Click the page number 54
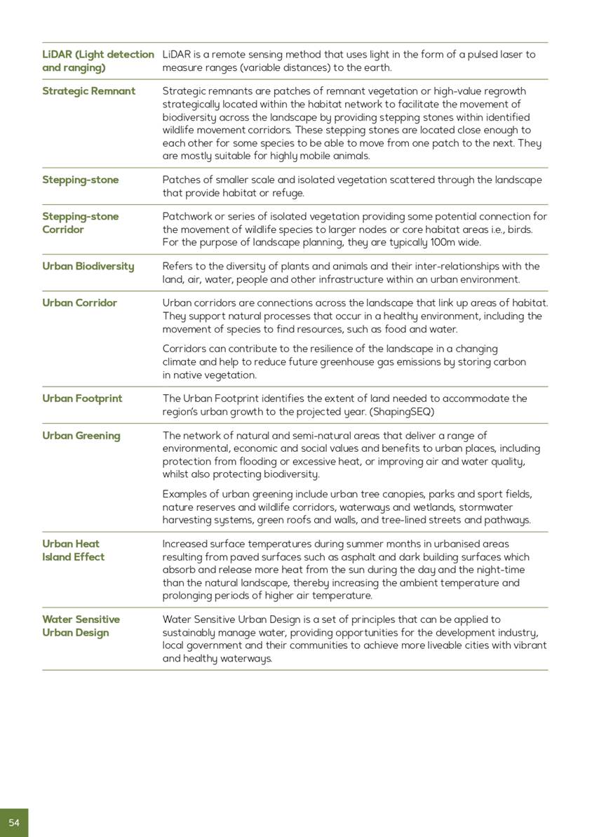(x=14, y=822)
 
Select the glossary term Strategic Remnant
(x=88, y=91)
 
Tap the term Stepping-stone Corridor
(x=80, y=223)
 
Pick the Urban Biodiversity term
(x=88, y=267)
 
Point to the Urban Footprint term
(x=81, y=399)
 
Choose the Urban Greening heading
(x=81, y=436)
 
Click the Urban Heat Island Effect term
(x=73, y=550)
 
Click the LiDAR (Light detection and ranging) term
(x=97, y=61)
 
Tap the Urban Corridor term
(x=79, y=303)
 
